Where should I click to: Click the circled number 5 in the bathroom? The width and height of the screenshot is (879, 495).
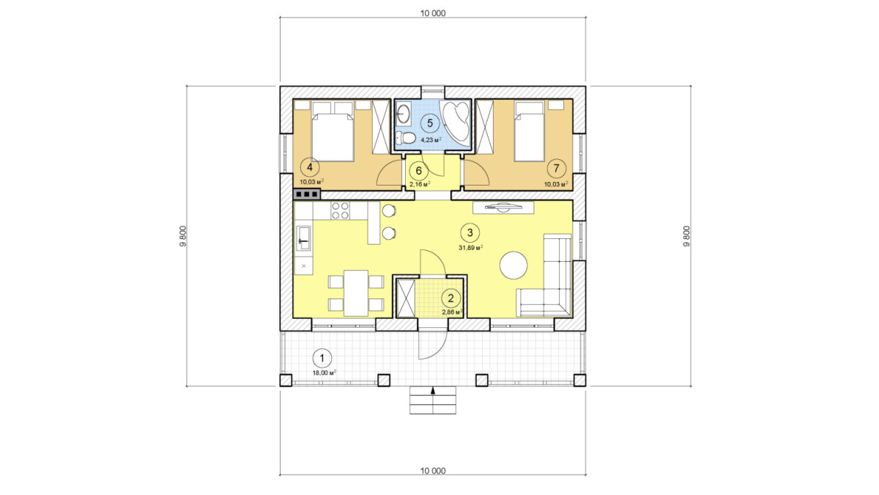point(430,123)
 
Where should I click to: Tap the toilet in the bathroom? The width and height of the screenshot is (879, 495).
point(405,138)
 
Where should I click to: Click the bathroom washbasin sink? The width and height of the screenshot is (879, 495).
point(403,113)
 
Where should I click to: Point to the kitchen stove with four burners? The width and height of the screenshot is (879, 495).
point(340,210)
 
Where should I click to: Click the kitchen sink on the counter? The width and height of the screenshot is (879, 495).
point(304,238)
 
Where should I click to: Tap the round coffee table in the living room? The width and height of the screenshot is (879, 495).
point(513,265)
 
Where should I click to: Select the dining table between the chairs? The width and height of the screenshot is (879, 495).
point(356,293)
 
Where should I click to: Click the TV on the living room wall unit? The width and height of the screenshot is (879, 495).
point(503,207)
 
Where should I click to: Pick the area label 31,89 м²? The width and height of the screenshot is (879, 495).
point(470,248)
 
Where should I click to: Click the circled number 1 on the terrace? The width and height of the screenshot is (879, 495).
point(322,359)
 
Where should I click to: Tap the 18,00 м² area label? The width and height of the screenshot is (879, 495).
point(324,373)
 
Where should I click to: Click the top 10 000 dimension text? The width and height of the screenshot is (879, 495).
point(433,13)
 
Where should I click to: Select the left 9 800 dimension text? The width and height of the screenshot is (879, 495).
point(182,236)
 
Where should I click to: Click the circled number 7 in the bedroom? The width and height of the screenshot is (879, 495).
point(556,168)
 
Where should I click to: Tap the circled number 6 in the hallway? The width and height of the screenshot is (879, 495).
point(419,171)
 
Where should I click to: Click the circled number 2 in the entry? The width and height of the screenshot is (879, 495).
point(450,298)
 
